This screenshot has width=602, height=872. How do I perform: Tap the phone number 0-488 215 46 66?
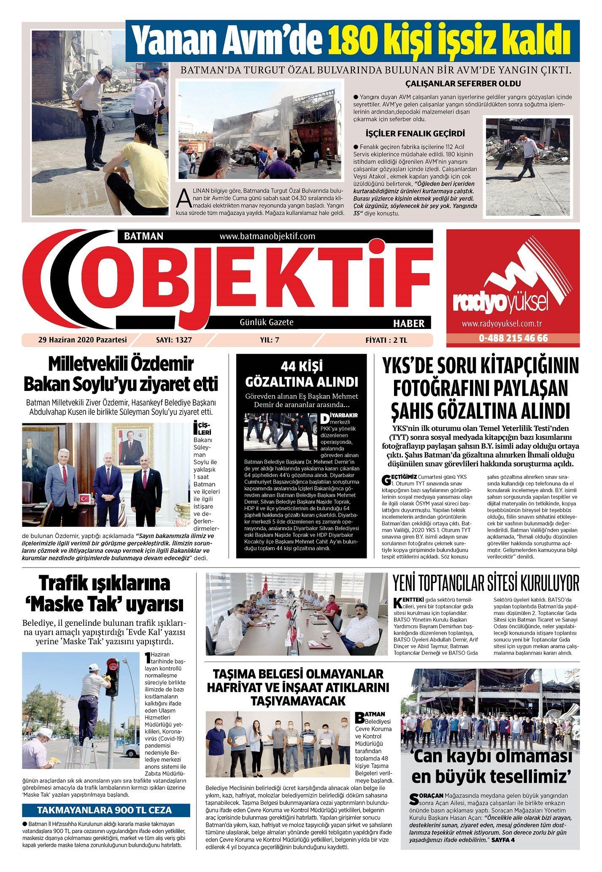point(513,338)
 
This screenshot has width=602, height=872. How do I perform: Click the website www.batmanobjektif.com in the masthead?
point(267,236)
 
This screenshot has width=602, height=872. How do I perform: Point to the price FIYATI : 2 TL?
point(389,339)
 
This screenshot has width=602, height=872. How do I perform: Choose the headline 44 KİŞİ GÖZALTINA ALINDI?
point(302,374)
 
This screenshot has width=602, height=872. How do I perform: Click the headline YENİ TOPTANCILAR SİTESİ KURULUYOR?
point(486,584)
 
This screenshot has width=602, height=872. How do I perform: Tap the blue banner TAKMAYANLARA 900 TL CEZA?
point(105,810)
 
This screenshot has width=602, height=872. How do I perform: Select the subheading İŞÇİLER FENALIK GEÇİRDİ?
point(416,134)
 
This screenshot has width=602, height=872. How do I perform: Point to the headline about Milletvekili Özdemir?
point(121,374)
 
